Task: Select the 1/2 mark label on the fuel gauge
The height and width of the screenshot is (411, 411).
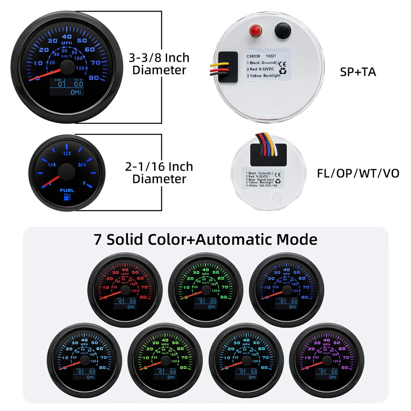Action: pyautogui.click(x=67, y=153)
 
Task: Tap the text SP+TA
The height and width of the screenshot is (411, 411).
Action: pyautogui.click(x=358, y=71)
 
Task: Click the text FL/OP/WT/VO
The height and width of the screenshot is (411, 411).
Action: pyautogui.click(x=358, y=173)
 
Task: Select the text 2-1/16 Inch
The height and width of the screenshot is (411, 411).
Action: pyautogui.click(x=159, y=166)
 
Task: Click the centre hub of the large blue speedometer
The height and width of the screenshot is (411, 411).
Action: pyautogui.click(x=67, y=66)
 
